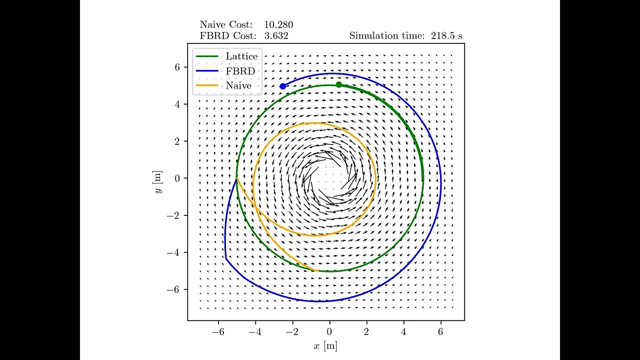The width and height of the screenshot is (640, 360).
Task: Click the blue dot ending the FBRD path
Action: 283,86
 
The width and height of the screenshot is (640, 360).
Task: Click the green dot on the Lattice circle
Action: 338,84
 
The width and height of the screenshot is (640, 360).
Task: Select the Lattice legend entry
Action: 241,56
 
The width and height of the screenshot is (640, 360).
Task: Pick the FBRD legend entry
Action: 240,71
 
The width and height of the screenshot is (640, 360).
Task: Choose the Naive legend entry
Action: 238,85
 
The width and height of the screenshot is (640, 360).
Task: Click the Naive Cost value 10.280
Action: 278,24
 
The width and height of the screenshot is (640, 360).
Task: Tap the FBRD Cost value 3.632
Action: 276,35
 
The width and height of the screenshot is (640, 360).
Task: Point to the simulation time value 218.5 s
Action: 446,35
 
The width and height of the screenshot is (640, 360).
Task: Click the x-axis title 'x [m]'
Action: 325,345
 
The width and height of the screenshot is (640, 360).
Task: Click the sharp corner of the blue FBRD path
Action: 226,258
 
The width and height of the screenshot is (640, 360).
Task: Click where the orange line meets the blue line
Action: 236,178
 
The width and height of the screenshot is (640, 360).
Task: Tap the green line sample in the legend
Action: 207,56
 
